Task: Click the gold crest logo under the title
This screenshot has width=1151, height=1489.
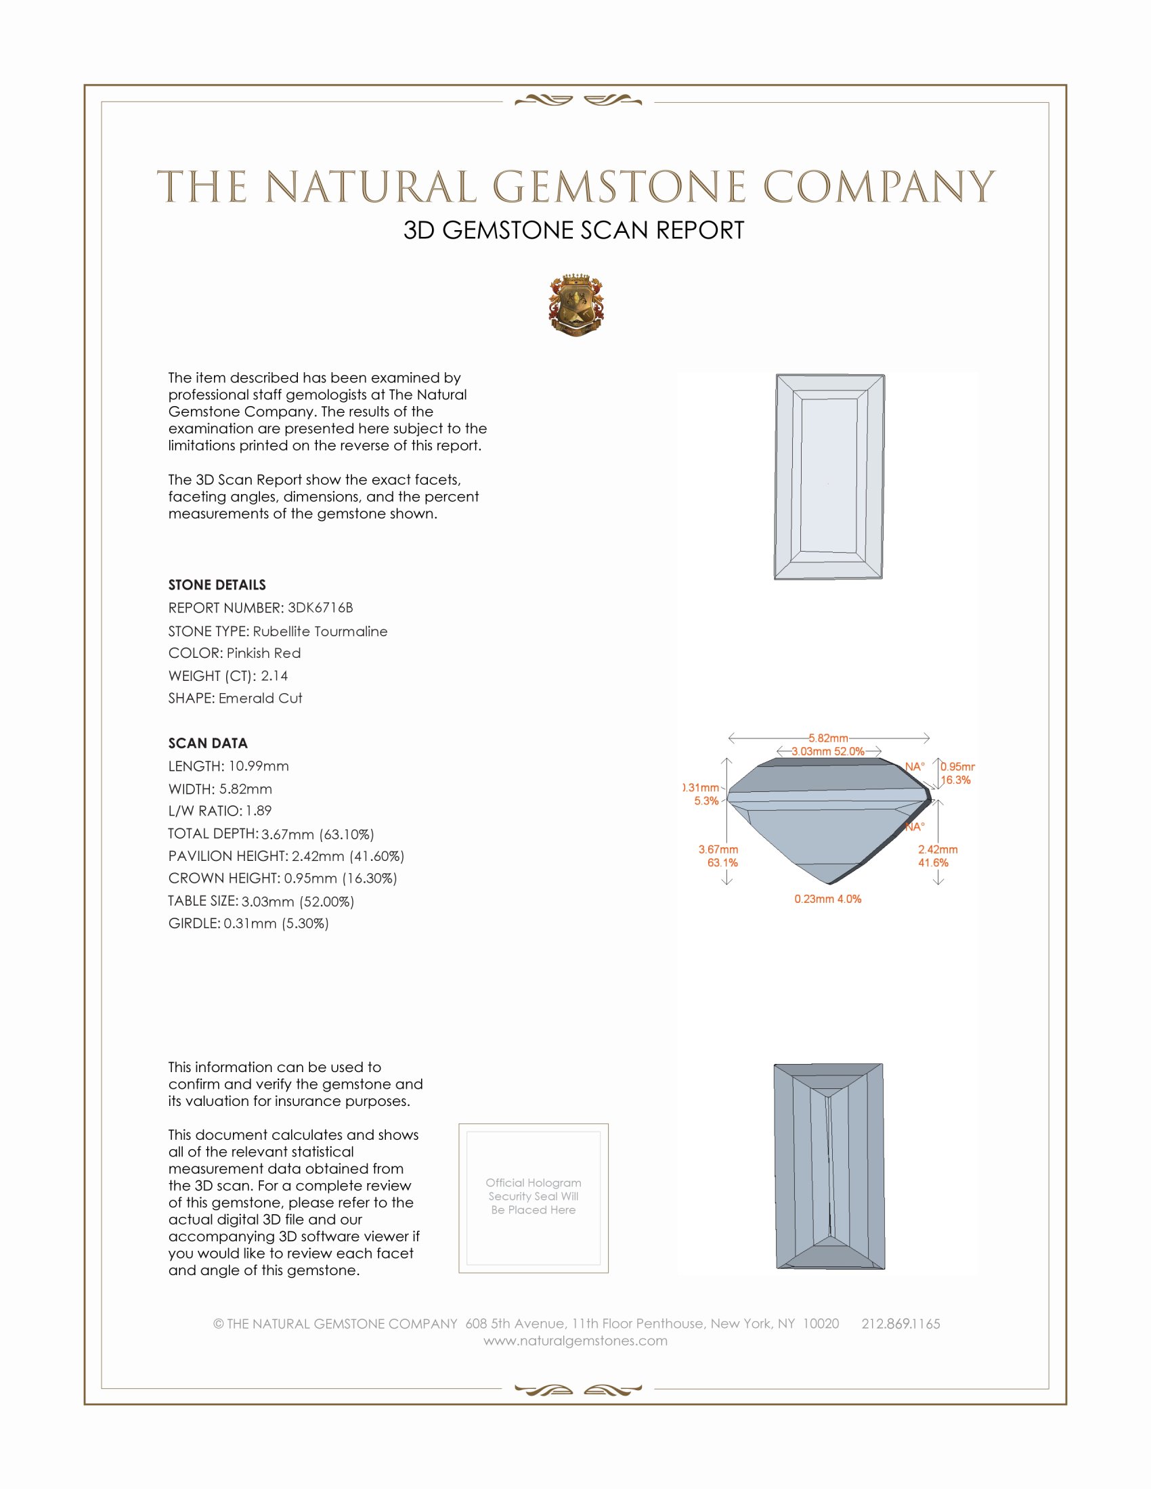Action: pos(575,305)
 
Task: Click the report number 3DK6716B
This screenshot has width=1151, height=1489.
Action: pos(320,608)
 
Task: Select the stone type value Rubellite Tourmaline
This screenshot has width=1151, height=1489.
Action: pos(320,631)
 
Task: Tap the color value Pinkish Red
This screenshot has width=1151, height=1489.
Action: pos(263,653)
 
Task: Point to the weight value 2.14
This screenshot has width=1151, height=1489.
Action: pos(274,675)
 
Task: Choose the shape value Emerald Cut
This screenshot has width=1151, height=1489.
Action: pos(260,698)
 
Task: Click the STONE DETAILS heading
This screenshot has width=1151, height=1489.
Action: pos(217,585)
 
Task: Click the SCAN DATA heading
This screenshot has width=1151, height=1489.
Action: pos(208,743)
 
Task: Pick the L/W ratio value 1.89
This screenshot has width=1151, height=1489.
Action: pos(259,811)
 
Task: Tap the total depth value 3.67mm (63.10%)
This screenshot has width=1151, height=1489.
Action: pos(317,834)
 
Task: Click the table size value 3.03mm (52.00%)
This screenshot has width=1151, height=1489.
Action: pos(297,902)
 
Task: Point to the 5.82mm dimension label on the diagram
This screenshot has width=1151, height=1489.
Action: pos(828,738)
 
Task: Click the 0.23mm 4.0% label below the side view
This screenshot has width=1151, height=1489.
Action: pos(827,899)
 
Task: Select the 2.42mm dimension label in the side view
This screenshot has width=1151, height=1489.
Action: pos(937,849)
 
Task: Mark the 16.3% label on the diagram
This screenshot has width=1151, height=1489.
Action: pos(955,780)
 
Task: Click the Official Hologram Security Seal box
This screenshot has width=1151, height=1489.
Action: pos(534,1198)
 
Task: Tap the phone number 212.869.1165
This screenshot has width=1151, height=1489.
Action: pos(900,1323)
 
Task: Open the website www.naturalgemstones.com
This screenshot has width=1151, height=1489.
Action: pos(575,1340)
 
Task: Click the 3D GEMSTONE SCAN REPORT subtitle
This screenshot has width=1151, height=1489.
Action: pos(573,230)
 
